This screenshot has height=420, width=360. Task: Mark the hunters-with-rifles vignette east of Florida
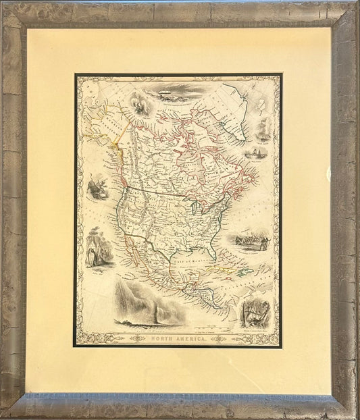[249, 240]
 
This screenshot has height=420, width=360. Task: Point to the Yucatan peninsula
[197, 277]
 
